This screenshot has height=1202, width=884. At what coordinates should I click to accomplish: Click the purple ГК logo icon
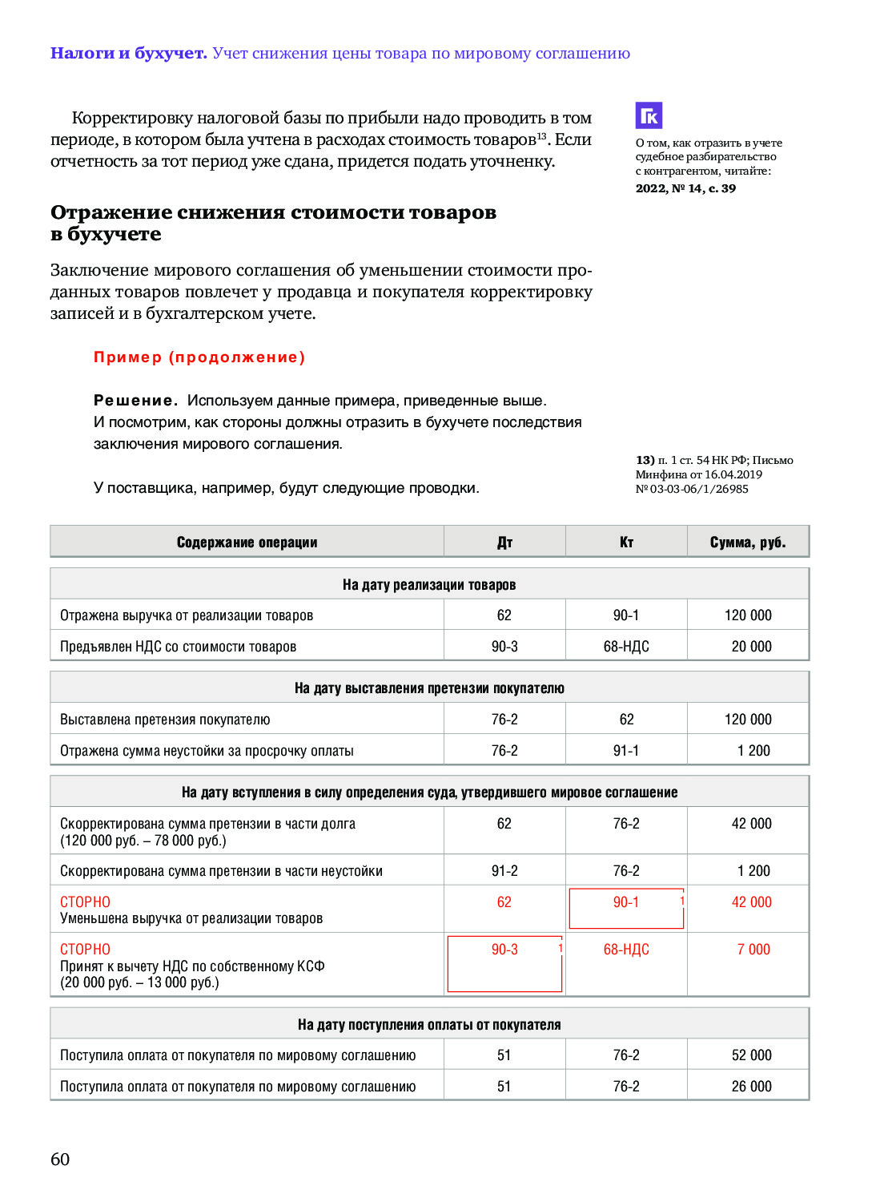pos(649,115)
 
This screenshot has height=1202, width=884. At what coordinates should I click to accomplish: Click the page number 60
pos(60,1159)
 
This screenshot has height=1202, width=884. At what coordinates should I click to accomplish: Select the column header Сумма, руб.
pos(748,543)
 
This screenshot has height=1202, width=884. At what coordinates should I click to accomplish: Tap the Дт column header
pos(504,543)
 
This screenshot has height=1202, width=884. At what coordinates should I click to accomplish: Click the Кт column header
pos(626,543)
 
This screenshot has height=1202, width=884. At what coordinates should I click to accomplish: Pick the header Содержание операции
pos(247,543)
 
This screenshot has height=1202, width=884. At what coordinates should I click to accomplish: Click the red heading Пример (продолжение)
pos(199,357)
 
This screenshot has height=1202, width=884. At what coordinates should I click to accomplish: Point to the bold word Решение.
pos(135,401)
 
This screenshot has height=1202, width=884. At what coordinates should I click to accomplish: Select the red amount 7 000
pos(753,950)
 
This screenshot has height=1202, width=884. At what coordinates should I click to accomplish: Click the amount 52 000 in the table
pos(751,1055)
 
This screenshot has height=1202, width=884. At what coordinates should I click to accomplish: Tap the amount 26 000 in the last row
pos(751,1087)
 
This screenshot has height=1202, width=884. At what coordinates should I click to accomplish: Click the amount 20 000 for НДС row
pos(751,647)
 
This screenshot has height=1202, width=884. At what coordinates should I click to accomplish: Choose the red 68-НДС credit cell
pos(626,950)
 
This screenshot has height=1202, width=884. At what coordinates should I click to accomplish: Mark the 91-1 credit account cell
pos(626,751)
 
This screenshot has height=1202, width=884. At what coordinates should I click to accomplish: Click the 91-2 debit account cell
pos(504,871)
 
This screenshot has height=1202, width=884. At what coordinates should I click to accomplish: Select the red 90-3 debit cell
pos(504,950)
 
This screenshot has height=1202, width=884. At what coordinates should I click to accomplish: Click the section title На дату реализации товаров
pos(429,585)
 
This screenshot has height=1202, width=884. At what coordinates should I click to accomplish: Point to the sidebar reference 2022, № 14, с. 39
pos(685,188)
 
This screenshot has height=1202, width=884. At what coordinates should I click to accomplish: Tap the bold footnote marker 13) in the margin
pos(645,460)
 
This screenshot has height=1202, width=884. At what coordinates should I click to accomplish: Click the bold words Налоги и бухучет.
pos(128,54)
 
